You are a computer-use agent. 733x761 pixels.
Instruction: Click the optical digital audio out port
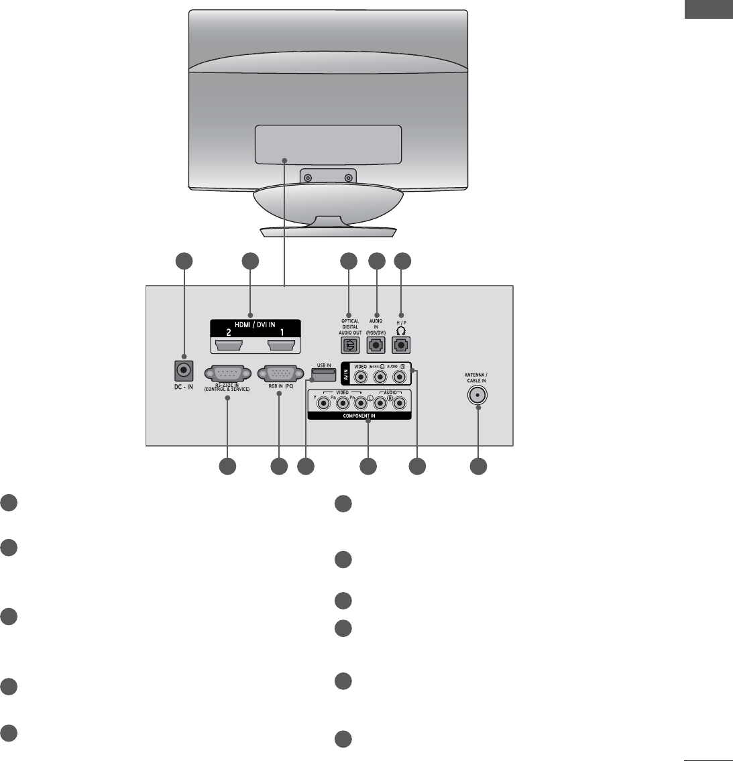coord(351,345)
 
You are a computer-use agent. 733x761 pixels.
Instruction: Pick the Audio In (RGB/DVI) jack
coord(377,345)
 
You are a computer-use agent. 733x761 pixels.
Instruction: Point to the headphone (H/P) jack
coord(402,345)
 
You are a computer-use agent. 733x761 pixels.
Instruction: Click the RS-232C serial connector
coord(227,374)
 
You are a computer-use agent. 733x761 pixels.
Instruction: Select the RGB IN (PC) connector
coord(280,374)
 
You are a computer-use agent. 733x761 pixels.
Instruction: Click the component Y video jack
coord(325,403)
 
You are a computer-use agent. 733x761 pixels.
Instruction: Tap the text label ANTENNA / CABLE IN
coord(477,377)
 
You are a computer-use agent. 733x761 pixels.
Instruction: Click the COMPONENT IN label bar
coord(359,416)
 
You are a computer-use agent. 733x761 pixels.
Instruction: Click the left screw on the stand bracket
coord(307,178)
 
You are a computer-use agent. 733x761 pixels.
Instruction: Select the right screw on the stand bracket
coord(348,178)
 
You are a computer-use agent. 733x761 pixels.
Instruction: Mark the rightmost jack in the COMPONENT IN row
coord(399,403)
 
